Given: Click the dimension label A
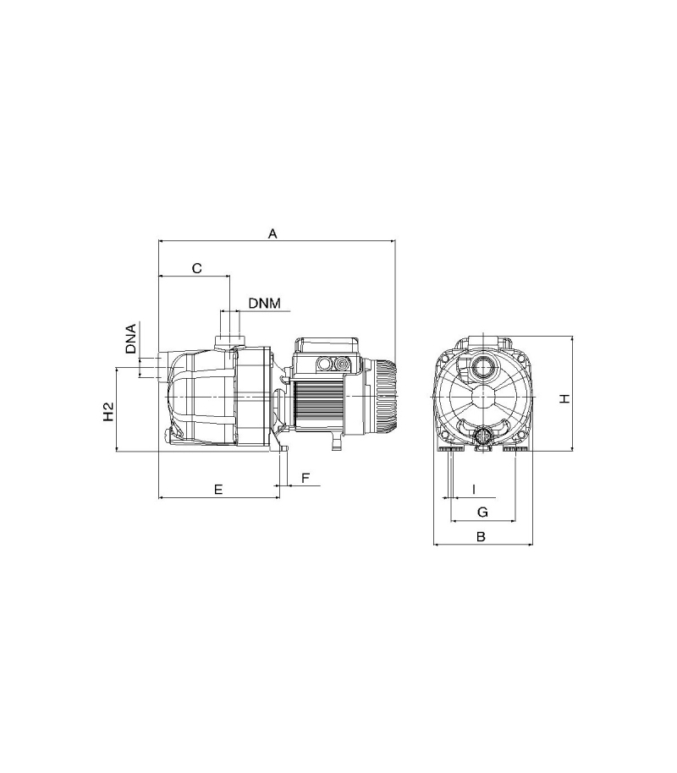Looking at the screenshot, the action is [x=272, y=233].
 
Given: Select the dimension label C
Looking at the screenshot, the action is [x=196, y=268].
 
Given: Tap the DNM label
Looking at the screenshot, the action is [x=265, y=303].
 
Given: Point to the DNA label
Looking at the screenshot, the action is [x=131, y=338].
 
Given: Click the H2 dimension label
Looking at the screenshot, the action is [x=108, y=412].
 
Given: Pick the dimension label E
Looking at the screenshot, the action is [x=218, y=489].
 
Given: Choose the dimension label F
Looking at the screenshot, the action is [x=305, y=478].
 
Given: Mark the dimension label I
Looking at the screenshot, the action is [x=474, y=490].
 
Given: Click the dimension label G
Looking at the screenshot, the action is [x=482, y=512].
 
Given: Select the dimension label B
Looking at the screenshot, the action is [x=482, y=536].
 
